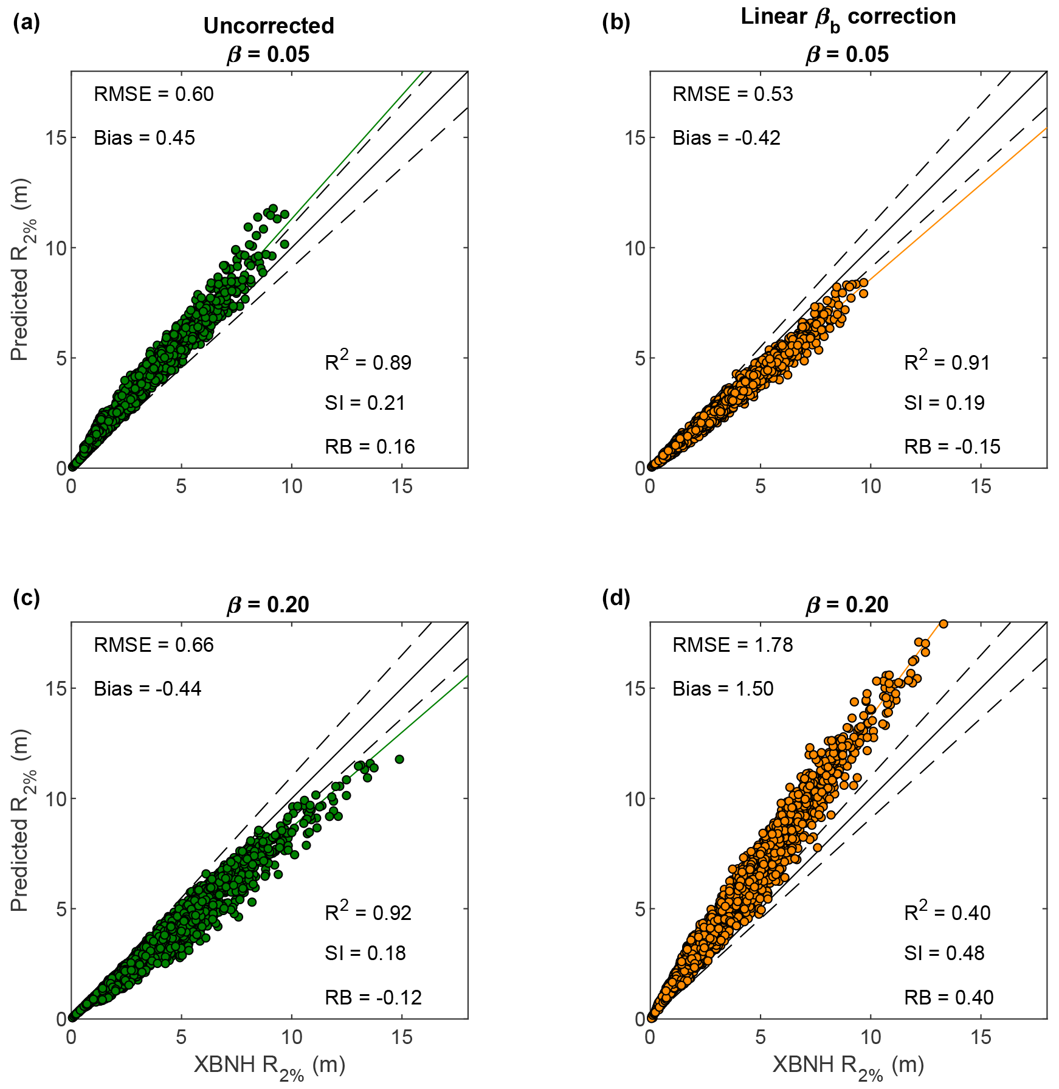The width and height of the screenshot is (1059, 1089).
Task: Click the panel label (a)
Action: tap(26, 22)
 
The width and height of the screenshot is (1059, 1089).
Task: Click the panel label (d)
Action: tap(616, 598)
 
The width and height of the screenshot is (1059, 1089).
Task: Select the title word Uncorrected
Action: tap(269, 26)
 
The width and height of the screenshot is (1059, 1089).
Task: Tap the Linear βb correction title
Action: tap(848, 17)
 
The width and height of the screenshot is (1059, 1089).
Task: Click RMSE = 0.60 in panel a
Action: tap(154, 94)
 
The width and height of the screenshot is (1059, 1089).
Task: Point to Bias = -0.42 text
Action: tap(726, 138)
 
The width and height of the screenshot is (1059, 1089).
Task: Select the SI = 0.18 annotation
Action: tap(365, 953)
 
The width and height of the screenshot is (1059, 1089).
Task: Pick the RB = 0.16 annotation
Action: tap(370, 447)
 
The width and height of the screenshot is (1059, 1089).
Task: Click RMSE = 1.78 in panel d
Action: tap(733, 645)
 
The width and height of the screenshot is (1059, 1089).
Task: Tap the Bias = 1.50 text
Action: tap(723, 689)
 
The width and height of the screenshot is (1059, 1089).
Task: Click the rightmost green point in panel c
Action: tap(399, 759)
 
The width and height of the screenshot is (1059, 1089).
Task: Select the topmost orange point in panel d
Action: tap(943, 624)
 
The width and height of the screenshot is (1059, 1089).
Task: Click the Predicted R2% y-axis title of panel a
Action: tap(21, 269)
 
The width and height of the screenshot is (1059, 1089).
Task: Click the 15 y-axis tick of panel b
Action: tap(635, 138)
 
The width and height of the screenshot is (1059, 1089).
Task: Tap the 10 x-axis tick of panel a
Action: tap(292, 486)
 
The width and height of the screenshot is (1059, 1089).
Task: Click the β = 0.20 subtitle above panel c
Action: tap(268, 604)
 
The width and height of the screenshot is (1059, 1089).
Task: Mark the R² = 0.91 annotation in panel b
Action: tap(947, 362)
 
